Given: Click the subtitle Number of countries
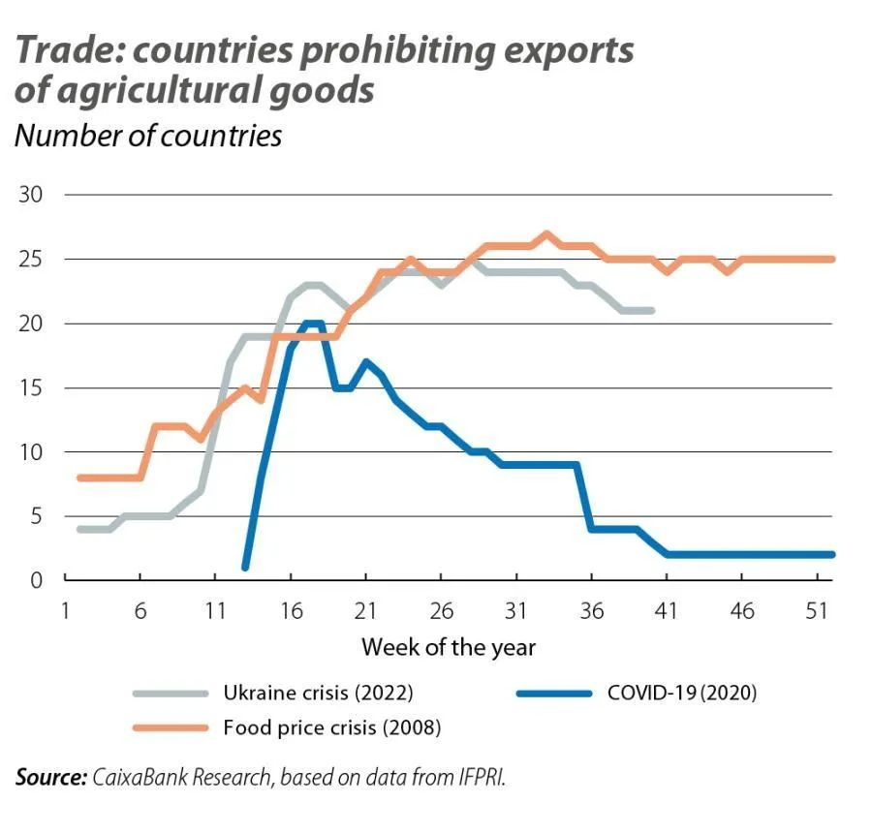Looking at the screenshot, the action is pos(148,136).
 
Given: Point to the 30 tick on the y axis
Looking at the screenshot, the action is pos(31,195).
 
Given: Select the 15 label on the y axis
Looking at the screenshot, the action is pos(31,387).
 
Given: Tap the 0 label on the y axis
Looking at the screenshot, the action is pos(36,580).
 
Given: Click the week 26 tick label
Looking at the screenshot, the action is pos(441,611).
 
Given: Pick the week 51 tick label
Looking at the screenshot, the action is pos(817,611).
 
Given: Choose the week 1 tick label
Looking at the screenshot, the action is pos(65,611).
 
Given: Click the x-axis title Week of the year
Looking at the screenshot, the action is pos(449,648).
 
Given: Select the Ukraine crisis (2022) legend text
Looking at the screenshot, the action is pos(318,693).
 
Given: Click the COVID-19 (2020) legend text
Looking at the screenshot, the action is pos(682,693).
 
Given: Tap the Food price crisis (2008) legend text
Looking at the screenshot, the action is pos(332,727).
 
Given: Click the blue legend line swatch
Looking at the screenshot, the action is pos(554,694).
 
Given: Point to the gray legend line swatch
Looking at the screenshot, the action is pos(171,694).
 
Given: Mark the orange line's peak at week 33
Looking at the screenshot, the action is pos(546,233).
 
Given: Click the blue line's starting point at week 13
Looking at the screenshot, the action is pos(245,567).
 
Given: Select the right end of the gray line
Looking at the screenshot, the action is pos(652,311).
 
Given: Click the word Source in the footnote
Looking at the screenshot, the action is pos(51,777).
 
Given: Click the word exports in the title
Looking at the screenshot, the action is pos(569,51).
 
